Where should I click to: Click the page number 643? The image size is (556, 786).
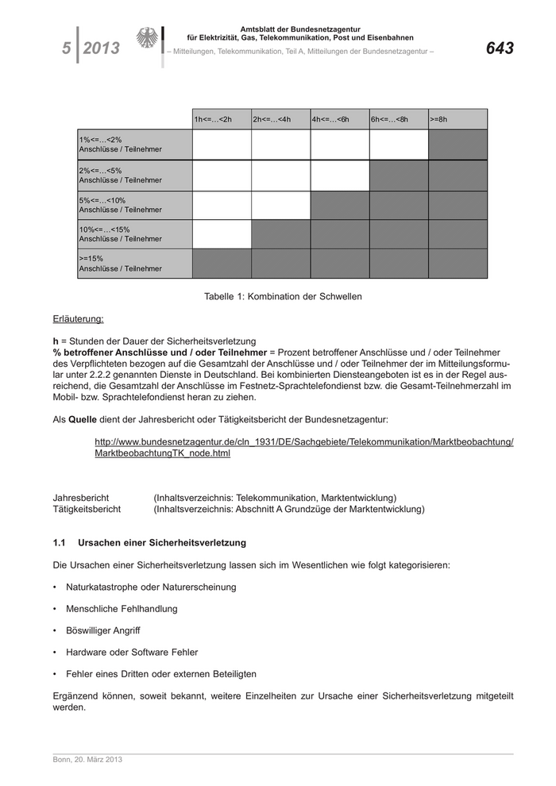pos(500,48)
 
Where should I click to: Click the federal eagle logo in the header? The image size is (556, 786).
pos(147,39)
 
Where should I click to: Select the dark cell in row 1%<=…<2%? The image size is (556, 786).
pos(458,144)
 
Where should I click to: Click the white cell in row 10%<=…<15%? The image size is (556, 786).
pos(222,234)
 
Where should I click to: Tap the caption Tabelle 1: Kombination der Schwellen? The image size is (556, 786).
pos(283,296)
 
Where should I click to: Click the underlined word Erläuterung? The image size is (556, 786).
pos(78,319)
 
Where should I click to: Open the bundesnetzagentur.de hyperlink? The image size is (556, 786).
pos(303,447)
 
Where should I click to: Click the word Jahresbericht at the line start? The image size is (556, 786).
pos(80,498)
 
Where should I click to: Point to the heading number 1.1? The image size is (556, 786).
pos(59,543)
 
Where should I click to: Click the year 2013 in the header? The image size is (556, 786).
pos(102,48)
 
